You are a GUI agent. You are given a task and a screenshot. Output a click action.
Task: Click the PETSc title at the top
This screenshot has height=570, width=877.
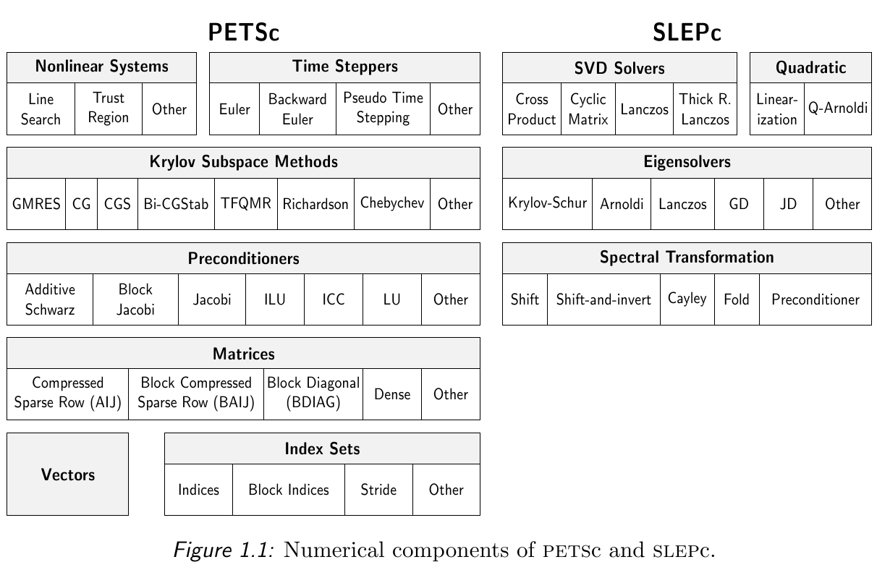[244, 32]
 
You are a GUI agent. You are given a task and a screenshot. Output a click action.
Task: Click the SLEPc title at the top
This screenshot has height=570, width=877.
[687, 32]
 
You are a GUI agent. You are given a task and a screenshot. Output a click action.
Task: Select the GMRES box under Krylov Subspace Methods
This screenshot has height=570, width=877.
[36, 204]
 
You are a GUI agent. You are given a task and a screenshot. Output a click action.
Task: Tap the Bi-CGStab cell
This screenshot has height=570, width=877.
[176, 204]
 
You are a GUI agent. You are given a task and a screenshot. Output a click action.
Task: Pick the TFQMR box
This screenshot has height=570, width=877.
[246, 204]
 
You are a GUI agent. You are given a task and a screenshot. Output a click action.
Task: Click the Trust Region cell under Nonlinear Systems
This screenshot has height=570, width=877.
[109, 109]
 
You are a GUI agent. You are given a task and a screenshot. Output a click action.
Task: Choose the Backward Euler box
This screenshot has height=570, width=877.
[297, 109]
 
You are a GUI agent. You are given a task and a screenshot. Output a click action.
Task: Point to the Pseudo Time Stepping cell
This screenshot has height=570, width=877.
[383, 109]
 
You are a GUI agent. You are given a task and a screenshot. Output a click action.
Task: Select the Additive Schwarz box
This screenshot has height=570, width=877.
[50, 299]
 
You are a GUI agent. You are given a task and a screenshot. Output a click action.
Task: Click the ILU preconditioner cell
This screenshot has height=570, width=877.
[275, 299]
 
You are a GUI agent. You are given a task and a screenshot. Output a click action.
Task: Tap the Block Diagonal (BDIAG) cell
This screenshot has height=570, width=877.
[313, 394]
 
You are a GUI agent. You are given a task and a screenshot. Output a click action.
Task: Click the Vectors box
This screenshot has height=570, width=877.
[68, 474]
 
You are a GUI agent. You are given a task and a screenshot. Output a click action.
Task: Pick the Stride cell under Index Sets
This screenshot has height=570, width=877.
[378, 490]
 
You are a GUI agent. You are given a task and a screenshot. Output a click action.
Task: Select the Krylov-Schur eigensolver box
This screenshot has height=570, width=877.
[547, 204]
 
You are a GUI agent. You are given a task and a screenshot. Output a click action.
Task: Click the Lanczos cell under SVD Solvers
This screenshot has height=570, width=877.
[645, 109]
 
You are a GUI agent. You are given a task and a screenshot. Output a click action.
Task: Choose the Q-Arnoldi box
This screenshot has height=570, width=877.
[838, 109]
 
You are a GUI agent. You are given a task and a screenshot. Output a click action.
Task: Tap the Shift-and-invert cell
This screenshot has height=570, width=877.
[603, 299]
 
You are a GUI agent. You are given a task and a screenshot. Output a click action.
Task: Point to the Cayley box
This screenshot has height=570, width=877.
[687, 299]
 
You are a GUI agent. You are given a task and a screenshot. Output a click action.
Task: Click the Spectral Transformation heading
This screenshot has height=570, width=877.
[687, 258]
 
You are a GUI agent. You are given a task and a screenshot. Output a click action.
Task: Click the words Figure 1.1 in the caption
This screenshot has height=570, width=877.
[224, 550]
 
